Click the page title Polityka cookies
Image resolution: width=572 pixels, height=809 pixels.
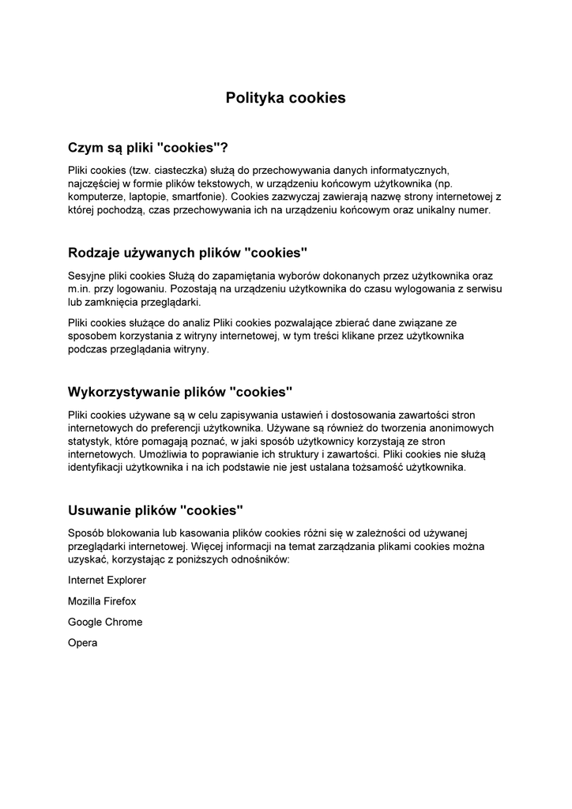[x=285, y=98]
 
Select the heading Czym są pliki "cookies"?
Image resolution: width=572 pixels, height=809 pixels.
[x=148, y=148]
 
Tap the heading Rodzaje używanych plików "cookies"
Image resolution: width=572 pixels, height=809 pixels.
[x=187, y=253]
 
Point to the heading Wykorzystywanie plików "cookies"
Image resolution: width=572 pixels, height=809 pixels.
[x=180, y=391]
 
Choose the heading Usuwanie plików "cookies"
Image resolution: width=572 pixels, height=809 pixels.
[x=156, y=510]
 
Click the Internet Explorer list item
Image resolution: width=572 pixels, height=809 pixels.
[x=107, y=580]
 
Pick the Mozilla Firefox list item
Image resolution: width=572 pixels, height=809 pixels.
[x=102, y=601]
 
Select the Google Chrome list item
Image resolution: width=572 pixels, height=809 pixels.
[x=105, y=622]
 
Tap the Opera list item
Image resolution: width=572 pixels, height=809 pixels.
[x=83, y=643]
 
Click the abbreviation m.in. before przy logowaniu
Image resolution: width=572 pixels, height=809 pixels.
[x=81, y=289]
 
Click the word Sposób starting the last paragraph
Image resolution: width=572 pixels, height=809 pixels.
[x=87, y=532]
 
